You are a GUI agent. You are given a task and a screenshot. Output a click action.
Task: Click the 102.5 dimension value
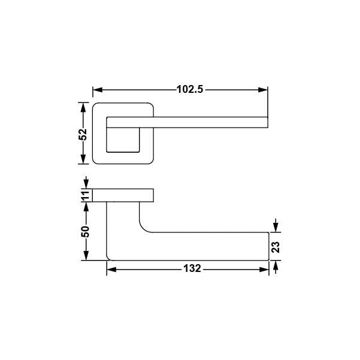pyautogui.click(x=190, y=89)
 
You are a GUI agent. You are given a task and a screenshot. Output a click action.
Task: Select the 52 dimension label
pyautogui.click(x=83, y=134)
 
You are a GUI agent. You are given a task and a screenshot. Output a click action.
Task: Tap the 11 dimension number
pyautogui.click(x=85, y=195)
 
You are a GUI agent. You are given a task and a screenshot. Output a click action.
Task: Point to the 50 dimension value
pyautogui.click(x=85, y=231)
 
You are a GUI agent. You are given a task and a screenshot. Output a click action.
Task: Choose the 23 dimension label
pyautogui.click(x=276, y=247)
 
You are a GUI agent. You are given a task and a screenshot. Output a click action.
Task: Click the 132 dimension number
pyautogui.click(x=192, y=268)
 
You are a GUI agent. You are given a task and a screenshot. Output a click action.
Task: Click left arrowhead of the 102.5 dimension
pyautogui.click(x=98, y=90)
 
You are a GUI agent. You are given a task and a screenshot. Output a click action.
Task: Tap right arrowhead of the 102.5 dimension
pyautogui.click(x=263, y=90)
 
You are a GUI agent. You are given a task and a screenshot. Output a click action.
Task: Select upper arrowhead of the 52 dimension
pyautogui.click(x=83, y=107)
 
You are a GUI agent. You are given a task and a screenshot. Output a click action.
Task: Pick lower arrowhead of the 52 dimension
pyautogui.click(x=83, y=159)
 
